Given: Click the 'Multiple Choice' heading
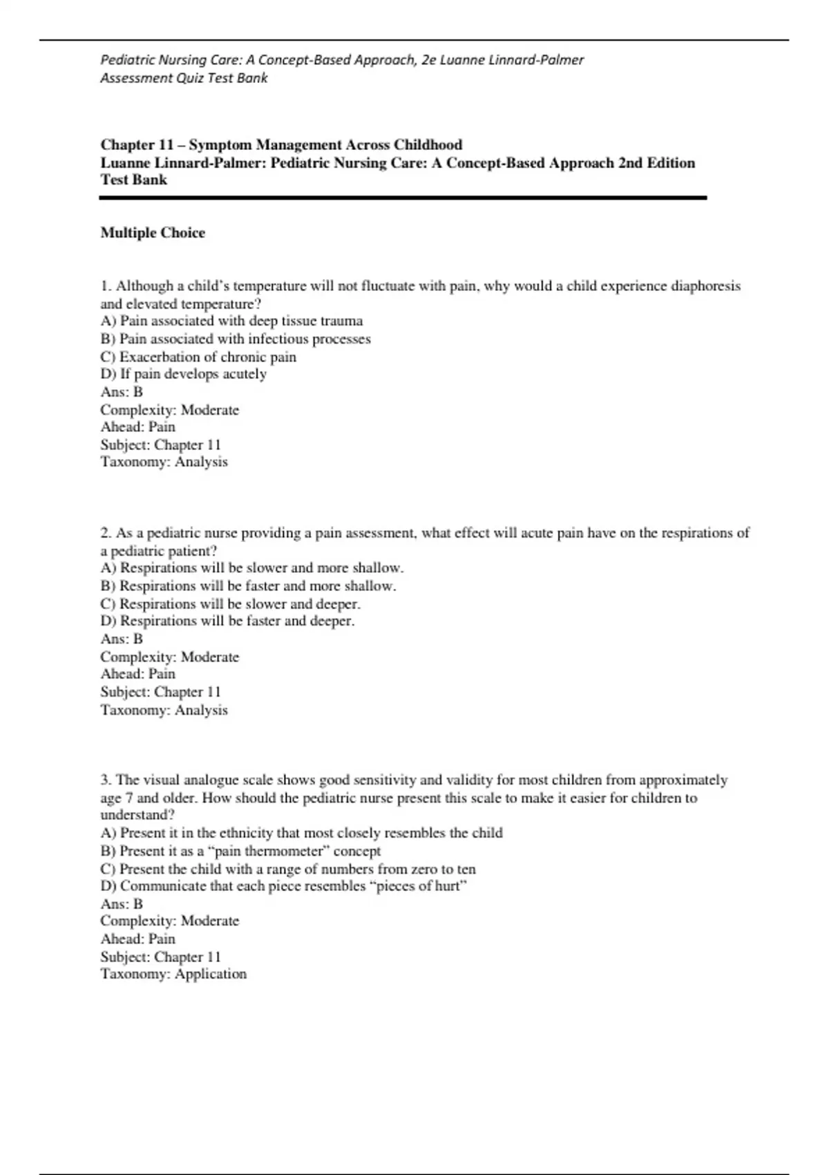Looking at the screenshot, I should [x=153, y=233].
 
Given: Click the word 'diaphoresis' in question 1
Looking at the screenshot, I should [x=705, y=286].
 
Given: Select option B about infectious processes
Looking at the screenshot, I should [x=236, y=339].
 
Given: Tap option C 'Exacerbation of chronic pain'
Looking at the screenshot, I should [x=198, y=357].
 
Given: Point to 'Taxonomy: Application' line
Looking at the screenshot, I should [x=173, y=974].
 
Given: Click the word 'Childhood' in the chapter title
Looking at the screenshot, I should [x=428, y=145].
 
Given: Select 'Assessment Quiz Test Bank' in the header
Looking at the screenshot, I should [x=184, y=78].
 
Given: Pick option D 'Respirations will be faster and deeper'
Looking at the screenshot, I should [x=227, y=621].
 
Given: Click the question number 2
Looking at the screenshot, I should [x=106, y=533].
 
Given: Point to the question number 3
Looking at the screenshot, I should [x=106, y=780].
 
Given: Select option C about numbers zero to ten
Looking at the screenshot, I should [x=288, y=869].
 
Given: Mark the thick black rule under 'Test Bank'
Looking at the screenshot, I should [x=403, y=198].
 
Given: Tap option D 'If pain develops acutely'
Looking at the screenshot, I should [x=184, y=374].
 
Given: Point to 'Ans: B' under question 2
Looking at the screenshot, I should [x=122, y=639].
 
